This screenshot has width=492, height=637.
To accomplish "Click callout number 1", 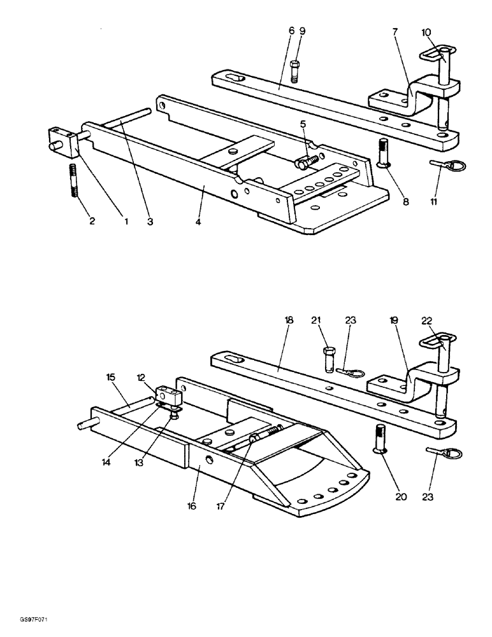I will pyautogui.click(x=126, y=222).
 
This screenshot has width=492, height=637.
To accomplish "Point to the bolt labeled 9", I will pyautogui.click(x=294, y=71).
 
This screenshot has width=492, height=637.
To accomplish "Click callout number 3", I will pyautogui.click(x=150, y=222).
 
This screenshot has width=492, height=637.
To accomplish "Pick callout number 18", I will pyautogui.click(x=289, y=320).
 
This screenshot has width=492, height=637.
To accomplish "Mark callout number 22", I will pyautogui.click(x=425, y=320).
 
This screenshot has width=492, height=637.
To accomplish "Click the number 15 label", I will pyautogui.click(x=112, y=378).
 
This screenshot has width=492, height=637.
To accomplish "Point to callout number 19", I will pyautogui.click(x=394, y=320).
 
